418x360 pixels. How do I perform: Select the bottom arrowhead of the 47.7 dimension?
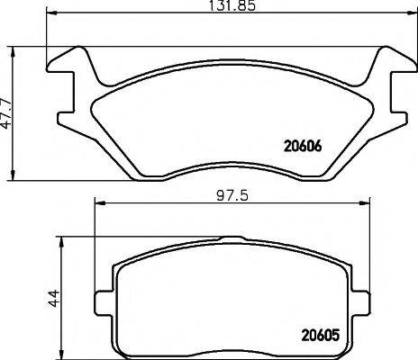click(x=14, y=175)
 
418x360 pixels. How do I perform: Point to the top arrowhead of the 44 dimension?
click(x=63, y=242)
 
